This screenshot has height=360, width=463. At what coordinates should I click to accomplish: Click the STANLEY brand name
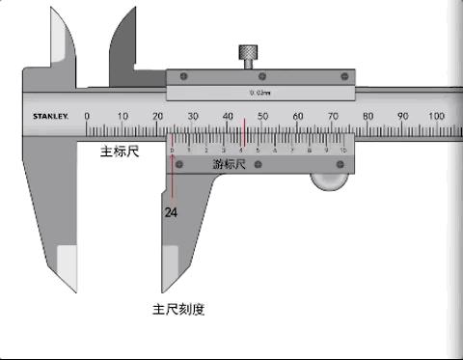51,117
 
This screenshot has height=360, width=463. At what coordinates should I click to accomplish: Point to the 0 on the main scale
88,116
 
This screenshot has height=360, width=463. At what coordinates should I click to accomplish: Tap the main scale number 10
123,116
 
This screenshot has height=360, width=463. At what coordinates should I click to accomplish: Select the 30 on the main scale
193,116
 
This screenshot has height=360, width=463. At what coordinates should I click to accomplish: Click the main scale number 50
262,116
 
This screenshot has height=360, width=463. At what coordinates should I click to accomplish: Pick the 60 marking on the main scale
297,116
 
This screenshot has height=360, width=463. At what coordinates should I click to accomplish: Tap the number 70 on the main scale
332,116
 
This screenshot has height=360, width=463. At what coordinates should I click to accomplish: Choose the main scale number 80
367,116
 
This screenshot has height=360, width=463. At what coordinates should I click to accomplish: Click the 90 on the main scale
401,116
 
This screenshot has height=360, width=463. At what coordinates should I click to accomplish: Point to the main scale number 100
436,116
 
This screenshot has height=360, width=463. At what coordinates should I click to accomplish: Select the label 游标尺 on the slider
230,165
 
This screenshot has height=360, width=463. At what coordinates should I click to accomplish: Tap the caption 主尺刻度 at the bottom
178,310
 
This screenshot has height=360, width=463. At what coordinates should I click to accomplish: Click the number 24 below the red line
171,211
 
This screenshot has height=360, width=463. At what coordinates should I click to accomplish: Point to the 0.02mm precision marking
259,93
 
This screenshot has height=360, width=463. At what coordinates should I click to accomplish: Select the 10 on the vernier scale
342,151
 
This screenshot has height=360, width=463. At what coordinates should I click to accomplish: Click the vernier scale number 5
259,151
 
